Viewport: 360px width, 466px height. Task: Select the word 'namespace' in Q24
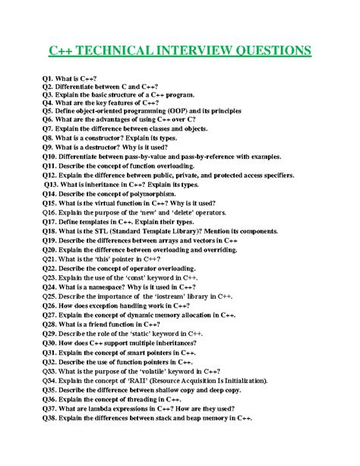click(108, 287)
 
